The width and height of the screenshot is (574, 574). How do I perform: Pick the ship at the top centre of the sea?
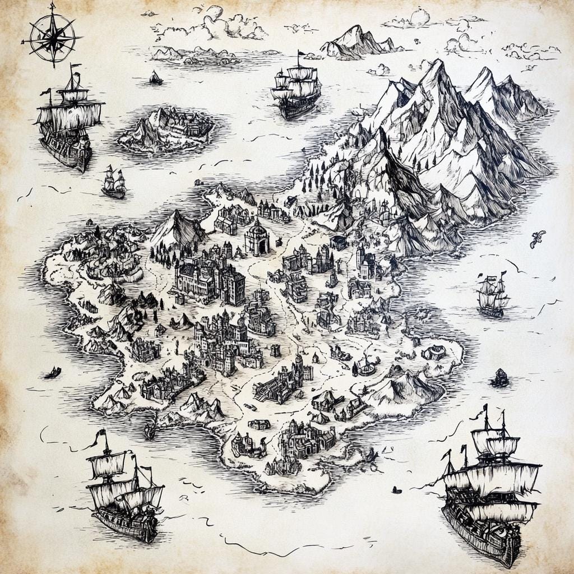pos(296,89)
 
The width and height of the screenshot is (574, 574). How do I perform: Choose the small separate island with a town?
pos(166,131)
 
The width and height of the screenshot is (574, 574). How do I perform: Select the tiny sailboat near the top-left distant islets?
pos(156,78)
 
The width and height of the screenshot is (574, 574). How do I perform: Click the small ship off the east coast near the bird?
pos(493,294)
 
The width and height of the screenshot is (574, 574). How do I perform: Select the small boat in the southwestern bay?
pos(150,430)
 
